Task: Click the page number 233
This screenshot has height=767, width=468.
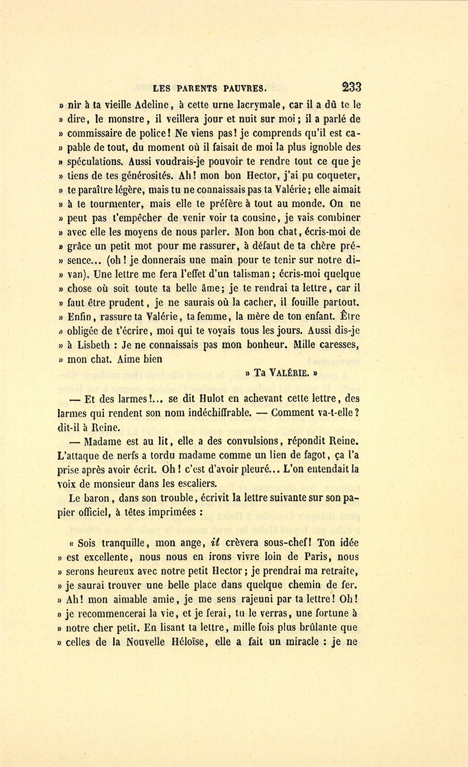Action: tap(352, 87)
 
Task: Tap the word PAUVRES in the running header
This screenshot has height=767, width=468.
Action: tap(243, 88)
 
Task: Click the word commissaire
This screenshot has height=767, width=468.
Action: tap(95, 133)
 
